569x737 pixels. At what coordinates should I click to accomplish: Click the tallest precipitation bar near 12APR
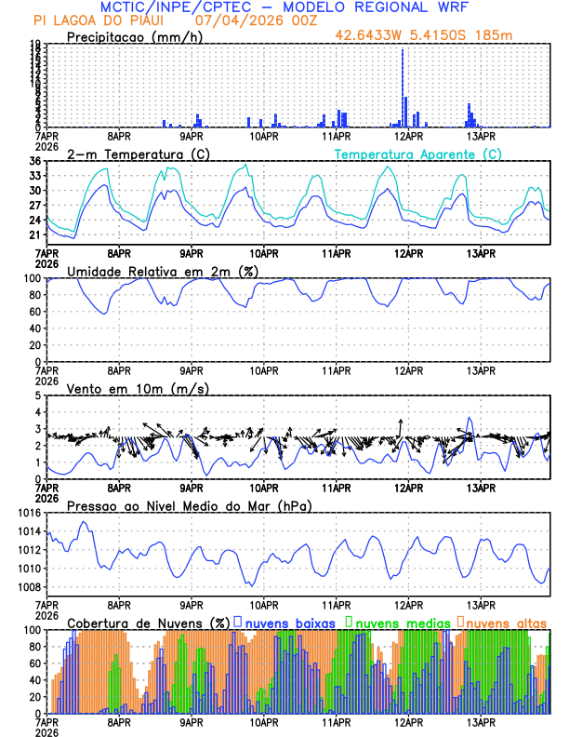[403, 87]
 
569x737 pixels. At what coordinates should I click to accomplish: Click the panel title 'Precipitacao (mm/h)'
[133, 37]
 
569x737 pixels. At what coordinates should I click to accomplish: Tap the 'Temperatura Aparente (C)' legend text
[418, 154]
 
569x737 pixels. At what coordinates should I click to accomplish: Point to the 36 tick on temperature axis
[33, 162]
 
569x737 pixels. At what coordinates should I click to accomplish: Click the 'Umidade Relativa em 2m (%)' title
[160, 271]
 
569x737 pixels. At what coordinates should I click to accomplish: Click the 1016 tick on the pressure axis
[29, 513]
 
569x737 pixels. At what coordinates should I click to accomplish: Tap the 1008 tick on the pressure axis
[29, 587]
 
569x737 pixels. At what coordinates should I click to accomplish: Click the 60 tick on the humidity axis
[33, 312]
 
